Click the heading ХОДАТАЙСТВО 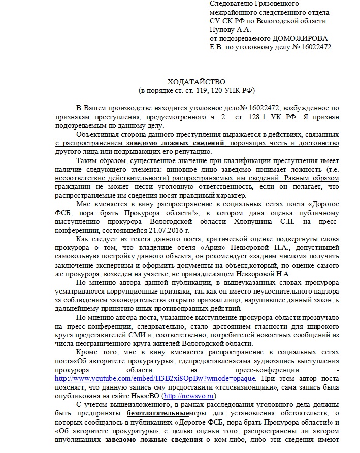(x=196, y=82)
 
